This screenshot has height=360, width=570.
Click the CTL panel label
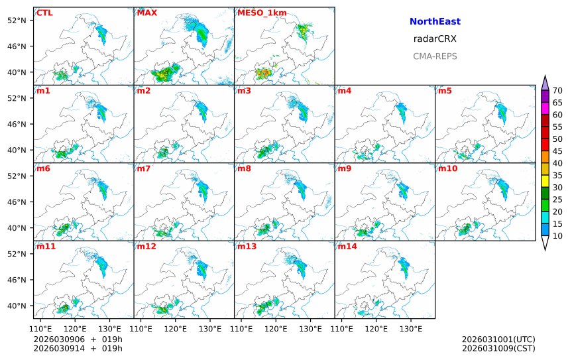(44, 13)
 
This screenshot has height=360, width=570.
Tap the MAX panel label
(146, 13)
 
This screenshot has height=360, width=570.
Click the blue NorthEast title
(435, 22)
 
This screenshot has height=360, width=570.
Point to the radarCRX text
(435, 39)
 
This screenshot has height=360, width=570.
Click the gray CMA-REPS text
(435, 56)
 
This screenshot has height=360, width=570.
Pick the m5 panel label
(445, 91)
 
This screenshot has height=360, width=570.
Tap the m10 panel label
(447, 168)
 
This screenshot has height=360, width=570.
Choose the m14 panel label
(347, 247)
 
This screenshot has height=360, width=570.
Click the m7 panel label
(143, 168)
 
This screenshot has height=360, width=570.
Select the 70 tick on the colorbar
(557, 91)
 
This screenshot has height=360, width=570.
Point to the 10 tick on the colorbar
(557, 236)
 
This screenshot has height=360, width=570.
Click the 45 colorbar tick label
(557, 151)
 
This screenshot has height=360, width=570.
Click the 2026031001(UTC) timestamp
(498, 339)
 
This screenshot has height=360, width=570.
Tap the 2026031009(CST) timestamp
(498, 348)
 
